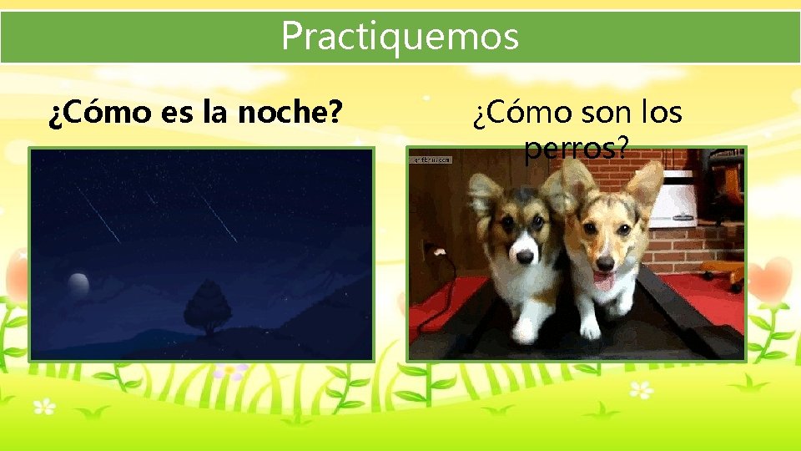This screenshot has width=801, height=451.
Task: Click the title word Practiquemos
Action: [400, 36]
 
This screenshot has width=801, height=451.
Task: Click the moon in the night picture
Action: [78, 284]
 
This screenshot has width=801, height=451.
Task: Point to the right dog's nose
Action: [604, 261]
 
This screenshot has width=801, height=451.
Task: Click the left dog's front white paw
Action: [524, 331]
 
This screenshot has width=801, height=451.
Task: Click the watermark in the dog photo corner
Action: [431, 158]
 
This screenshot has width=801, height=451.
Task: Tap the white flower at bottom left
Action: [43, 408]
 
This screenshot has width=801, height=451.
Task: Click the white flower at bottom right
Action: [641, 389]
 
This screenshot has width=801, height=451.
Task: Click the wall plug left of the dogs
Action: [431, 251]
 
